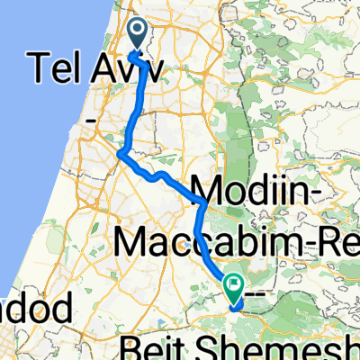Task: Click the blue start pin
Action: [x=139, y=34]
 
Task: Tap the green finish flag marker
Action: [x=234, y=286]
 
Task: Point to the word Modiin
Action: [x=265, y=191]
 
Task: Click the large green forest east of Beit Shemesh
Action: [x=306, y=297]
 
